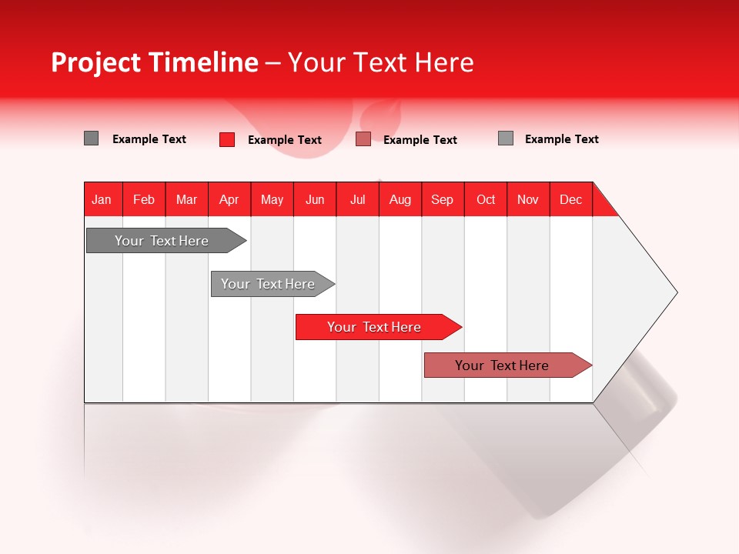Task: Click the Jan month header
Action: coord(102,199)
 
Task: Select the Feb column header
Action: coord(144,199)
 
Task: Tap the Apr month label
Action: coord(229,199)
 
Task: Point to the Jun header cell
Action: coord(315,199)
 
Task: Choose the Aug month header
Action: coord(400,199)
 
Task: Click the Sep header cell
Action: coord(442,199)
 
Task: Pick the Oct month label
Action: coord(486,199)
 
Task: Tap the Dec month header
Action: coord(570,199)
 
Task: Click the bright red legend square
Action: coord(227,139)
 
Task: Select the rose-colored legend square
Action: coord(363,139)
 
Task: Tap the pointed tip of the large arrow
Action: coord(674,292)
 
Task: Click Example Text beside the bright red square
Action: coord(285,140)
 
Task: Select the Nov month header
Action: coord(528,199)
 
